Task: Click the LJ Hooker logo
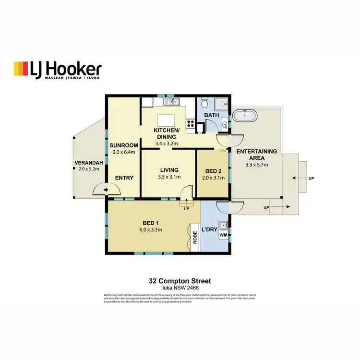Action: pos(58,70)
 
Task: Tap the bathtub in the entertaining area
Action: pos(246,115)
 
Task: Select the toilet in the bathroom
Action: pos(204,103)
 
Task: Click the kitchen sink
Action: pos(174,102)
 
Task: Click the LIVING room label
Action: pos(168,170)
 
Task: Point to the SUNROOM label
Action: pos(124,145)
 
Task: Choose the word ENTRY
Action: pos(124,178)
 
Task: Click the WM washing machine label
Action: pos(223,236)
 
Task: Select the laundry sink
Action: pos(223,225)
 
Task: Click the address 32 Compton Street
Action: pos(180,281)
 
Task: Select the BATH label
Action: pos(212,116)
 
